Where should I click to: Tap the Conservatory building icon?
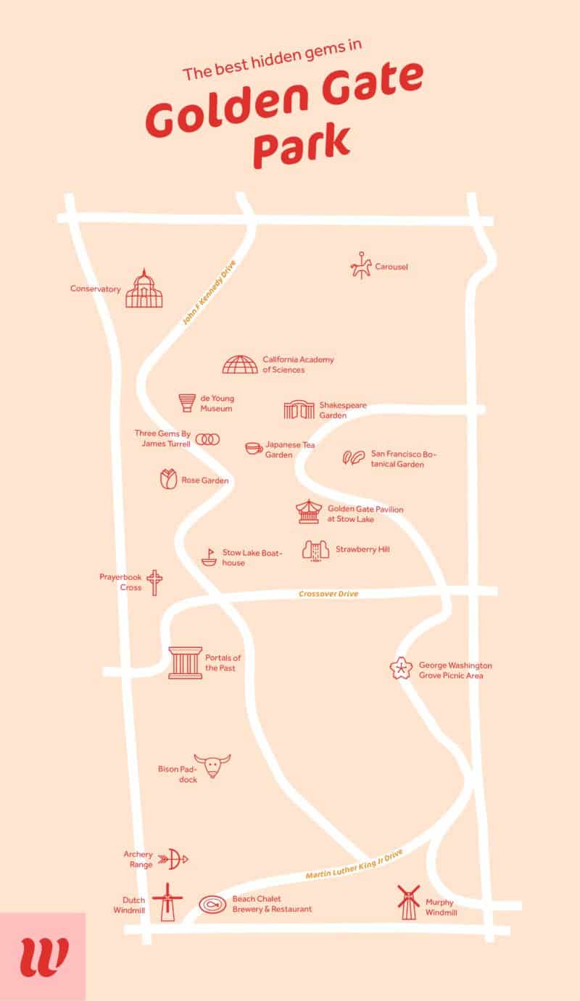(x=144, y=288)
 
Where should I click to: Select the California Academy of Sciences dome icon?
(x=239, y=365)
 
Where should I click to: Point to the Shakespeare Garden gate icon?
(x=299, y=410)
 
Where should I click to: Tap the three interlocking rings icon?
(x=207, y=439)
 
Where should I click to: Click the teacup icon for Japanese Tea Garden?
(x=253, y=448)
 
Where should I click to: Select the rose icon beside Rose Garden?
(x=168, y=479)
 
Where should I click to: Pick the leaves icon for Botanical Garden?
(x=353, y=458)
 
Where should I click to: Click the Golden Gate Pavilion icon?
(x=308, y=512)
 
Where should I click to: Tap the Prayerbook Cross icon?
(x=154, y=582)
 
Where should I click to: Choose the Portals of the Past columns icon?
(x=185, y=663)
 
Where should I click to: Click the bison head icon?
(x=215, y=765)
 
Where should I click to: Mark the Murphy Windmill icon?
(x=409, y=902)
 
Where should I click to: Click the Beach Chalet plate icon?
(x=213, y=903)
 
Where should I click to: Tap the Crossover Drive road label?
(x=328, y=594)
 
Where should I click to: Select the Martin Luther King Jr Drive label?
(x=354, y=864)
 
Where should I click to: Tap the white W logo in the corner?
(x=43, y=957)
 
